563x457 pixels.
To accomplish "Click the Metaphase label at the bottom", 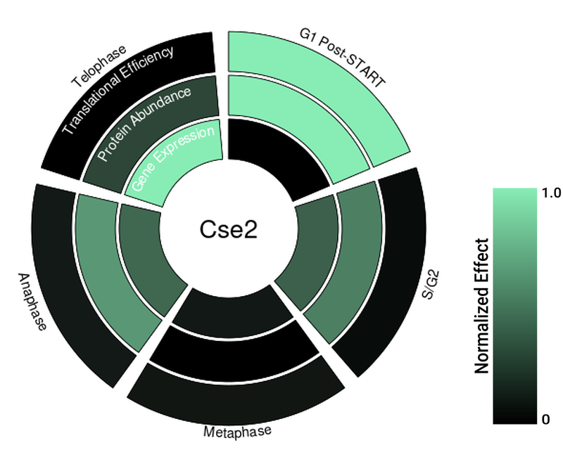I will point(236,431).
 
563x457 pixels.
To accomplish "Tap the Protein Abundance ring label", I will point(144,124).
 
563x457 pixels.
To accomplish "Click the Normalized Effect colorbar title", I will point(482,306).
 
